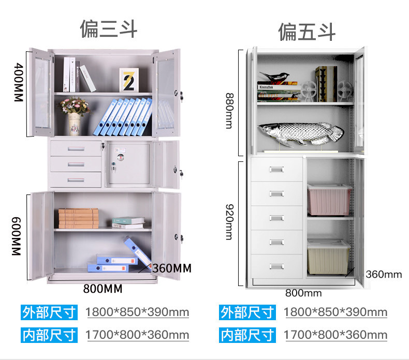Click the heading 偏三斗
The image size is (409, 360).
108,29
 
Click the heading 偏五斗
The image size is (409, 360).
306,32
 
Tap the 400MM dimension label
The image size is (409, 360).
17,82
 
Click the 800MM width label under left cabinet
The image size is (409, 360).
103,289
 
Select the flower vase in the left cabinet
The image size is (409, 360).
75,117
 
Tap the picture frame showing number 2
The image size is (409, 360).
128,80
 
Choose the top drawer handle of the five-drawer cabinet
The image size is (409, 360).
276,170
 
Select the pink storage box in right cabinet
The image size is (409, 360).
329,200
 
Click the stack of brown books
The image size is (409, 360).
78,218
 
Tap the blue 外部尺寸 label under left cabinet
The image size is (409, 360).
49,312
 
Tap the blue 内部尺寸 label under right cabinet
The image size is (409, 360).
247,335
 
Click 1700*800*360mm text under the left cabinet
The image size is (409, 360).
137,335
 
